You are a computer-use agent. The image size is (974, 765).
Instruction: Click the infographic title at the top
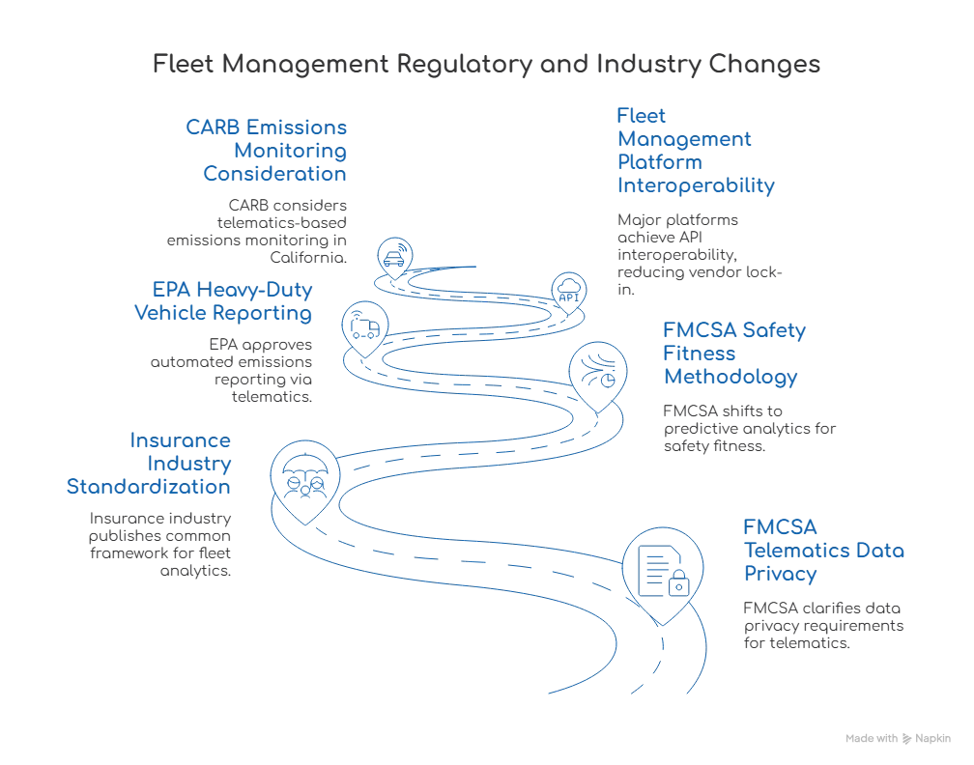click(487, 65)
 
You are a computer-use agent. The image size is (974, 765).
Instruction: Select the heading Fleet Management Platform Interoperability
click(695, 152)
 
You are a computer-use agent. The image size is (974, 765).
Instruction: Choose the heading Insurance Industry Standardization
click(149, 463)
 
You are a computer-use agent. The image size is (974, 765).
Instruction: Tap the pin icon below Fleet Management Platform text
click(567, 287)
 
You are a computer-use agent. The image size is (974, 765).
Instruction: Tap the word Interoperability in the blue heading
click(696, 186)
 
